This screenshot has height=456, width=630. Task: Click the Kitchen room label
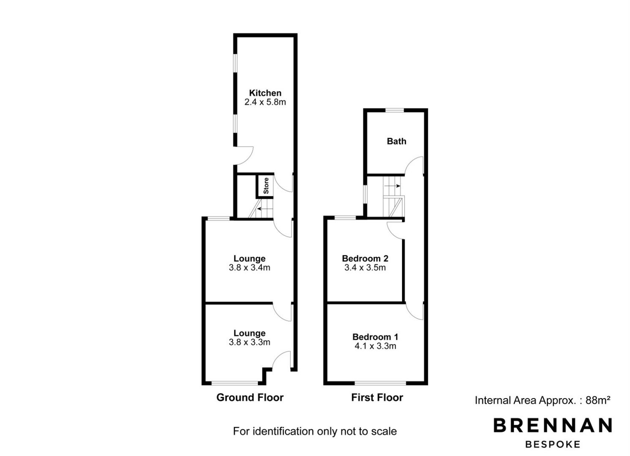(265, 93)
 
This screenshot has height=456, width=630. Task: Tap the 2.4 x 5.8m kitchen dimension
(265, 102)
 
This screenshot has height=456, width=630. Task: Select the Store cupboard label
(266, 186)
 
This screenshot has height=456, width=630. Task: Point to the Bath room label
(396, 141)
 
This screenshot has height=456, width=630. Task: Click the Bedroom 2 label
(365, 258)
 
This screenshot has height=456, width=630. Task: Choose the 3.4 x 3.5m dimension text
(365, 268)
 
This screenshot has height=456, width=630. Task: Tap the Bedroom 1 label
(375, 337)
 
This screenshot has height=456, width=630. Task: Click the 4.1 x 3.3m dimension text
(375, 346)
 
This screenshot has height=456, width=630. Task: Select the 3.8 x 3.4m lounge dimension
(250, 268)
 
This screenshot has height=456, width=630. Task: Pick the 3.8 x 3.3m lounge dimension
(250, 342)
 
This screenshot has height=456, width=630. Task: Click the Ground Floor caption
(250, 397)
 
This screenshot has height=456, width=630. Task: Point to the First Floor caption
(377, 397)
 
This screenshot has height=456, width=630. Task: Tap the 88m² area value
(598, 400)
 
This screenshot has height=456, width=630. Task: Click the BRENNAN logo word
(553, 425)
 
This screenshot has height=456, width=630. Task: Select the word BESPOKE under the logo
(553, 445)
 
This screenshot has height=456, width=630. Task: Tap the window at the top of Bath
(394, 110)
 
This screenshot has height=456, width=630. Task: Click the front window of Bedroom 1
(380, 383)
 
